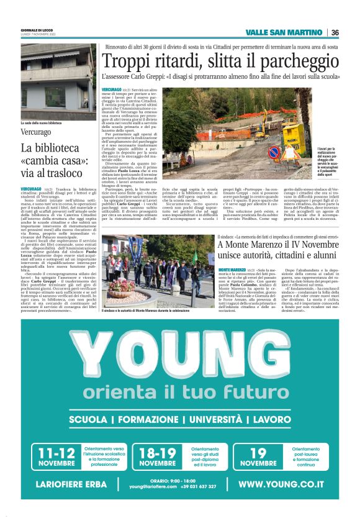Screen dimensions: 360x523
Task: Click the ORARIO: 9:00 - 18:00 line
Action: tap(172, 480)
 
